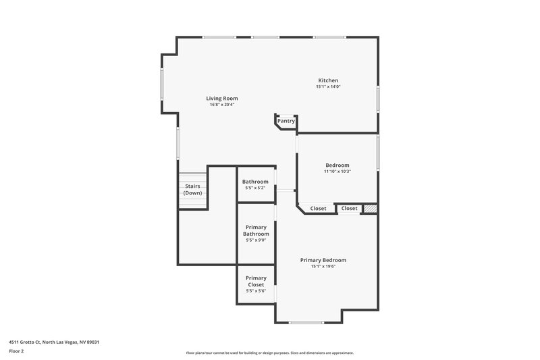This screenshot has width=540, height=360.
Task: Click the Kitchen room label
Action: (x=328, y=80)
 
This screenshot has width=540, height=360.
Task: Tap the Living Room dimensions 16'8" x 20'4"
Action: (x=222, y=105)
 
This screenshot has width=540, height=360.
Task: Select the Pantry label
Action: (x=286, y=121)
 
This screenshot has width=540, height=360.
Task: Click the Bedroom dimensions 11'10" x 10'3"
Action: (x=337, y=172)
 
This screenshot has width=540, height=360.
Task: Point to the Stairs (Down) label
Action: (x=192, y=190)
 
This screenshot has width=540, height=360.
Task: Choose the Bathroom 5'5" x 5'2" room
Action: (x=256, y=184)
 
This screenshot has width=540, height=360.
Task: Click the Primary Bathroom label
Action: (x=256, y=230)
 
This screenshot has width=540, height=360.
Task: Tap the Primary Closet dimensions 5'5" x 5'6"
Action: (x=256, y=291)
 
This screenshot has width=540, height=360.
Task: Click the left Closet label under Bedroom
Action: (x=319, y=209)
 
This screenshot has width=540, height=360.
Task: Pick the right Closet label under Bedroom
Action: (x=349, y=209)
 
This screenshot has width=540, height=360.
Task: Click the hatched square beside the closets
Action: (x=369, y=209)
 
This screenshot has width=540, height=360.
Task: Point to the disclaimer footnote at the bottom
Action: (x=270, y=353)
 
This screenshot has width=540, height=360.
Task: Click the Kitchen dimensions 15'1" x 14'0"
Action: (x=328, y=86)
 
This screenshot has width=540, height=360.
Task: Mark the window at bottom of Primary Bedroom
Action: (x=306, y=322)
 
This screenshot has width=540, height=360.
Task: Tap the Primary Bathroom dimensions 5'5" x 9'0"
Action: (x=256, y=240)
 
